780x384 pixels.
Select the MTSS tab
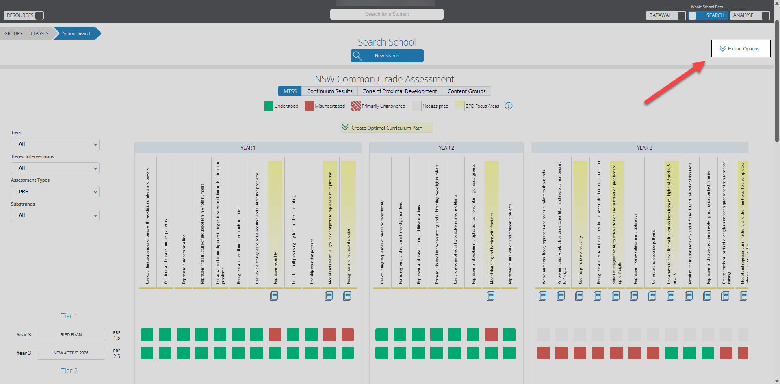click(290, 91)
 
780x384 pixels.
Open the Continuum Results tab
click(329, 91)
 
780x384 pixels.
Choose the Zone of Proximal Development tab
click(400, 91)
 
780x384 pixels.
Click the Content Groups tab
click(466, 91)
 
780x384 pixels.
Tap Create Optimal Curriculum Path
click(386, 128)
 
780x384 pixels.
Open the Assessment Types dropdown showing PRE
click(55, 192)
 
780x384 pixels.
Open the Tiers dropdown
click(55, 144)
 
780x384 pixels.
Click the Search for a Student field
click(387, 14)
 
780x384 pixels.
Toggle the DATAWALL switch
click(681, 15)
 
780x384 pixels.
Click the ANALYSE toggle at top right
click(765, 15)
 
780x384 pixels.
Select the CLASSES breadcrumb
click(39, 33)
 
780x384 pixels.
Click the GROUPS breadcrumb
click(13, 33)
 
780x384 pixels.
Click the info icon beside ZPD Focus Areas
click(509, 106)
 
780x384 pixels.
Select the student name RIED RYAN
click(71, 335)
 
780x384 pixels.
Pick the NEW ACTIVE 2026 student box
click(71, 353)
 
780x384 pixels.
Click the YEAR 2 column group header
click(446, 148)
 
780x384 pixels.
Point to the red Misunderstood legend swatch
click(309, 106)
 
